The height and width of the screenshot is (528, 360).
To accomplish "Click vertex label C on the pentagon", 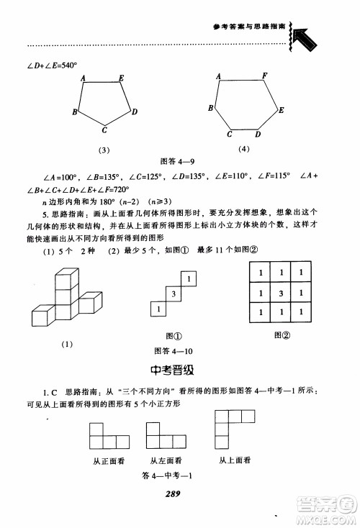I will pyautogui.click(x=104, y=130).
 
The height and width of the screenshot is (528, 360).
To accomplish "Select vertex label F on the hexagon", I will pyautogui.click(x=265, y=76).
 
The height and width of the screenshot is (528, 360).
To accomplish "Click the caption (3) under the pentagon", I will pyautogui.click(x=104, y=150).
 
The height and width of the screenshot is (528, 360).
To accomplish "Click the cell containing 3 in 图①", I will pyautogui.click(x=173, y=294).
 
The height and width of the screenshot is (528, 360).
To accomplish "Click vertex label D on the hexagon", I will pyautogui.click(x=258, y=134).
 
